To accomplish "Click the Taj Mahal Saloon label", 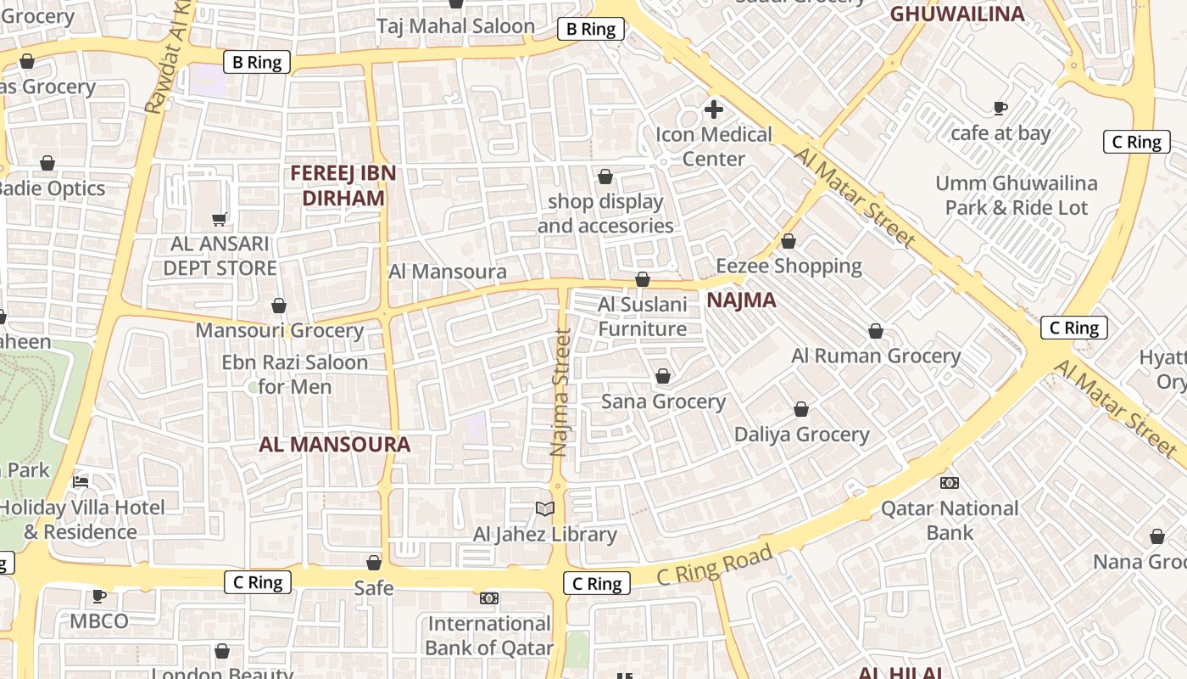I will point(456,26).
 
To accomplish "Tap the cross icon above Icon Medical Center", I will point(714,109).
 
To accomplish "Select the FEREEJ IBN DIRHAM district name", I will point(343,186).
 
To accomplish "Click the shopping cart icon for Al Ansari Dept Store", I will point(220,219).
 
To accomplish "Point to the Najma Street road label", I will point(560,393).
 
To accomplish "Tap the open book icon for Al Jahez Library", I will point(545,508).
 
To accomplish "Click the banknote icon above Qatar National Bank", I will point(950,483).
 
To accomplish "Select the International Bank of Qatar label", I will point(489,636).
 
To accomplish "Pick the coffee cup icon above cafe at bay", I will point(1000,108).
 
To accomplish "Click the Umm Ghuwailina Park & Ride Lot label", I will point(1016,195).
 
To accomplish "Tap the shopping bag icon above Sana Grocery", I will point(663,376).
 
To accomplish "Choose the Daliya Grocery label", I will point(801,435).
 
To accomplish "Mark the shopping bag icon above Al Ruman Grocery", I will point(876,331).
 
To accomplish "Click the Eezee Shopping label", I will point(789,266).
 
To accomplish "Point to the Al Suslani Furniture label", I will point(643,317).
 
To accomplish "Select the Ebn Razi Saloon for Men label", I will point(294,374).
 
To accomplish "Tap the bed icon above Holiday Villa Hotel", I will point(81,482).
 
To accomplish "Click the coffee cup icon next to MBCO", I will point(99,596).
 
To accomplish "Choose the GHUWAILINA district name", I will point(956,14).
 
